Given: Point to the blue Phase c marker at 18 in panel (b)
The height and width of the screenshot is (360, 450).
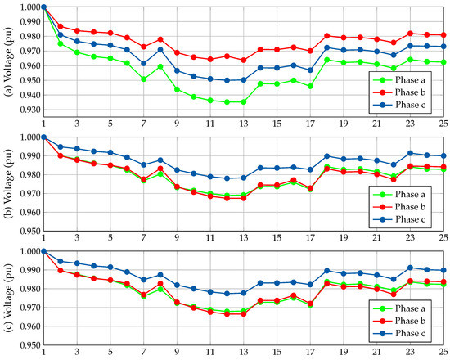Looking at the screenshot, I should point(327,155).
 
